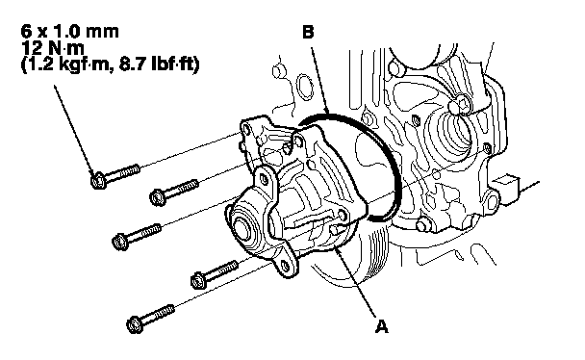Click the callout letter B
tap(308, 32)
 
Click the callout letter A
tap(381, 326)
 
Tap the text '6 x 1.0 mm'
tap(70, 32)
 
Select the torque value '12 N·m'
tap(53, 48)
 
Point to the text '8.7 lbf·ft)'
tap(160, 64)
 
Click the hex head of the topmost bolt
tap(98, 180)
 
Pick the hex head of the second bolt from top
tap(157, 197)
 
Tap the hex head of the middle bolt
tap(120, 241)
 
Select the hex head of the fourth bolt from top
tap(198, 280)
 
